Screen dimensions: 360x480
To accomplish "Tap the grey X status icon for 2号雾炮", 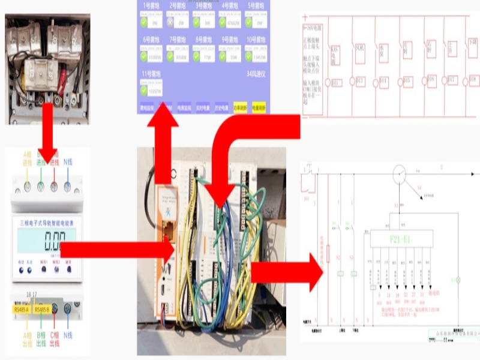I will pyautogui.click(x=170, y=23).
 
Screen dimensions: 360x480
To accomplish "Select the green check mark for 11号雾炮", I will pyautogui.click(x=144, y=90).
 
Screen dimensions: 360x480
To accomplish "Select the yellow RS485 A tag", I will pyautogui.click(x=22, y=310).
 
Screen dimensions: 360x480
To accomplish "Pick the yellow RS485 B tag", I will pyautogui.click(x=43, y=310).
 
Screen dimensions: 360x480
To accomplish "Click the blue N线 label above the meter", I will pyautogui.click(x=69, y=162).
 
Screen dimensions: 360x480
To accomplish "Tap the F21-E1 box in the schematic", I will pyautogui.click(x=401, y=238).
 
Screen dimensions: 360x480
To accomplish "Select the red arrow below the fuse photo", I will pyautogui.click(x=46, y=147).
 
